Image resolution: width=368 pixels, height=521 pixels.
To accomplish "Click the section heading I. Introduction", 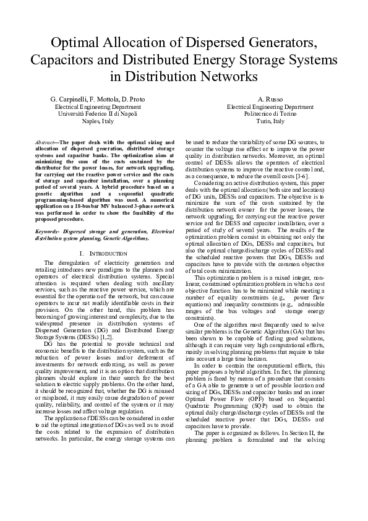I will click(104, 254).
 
